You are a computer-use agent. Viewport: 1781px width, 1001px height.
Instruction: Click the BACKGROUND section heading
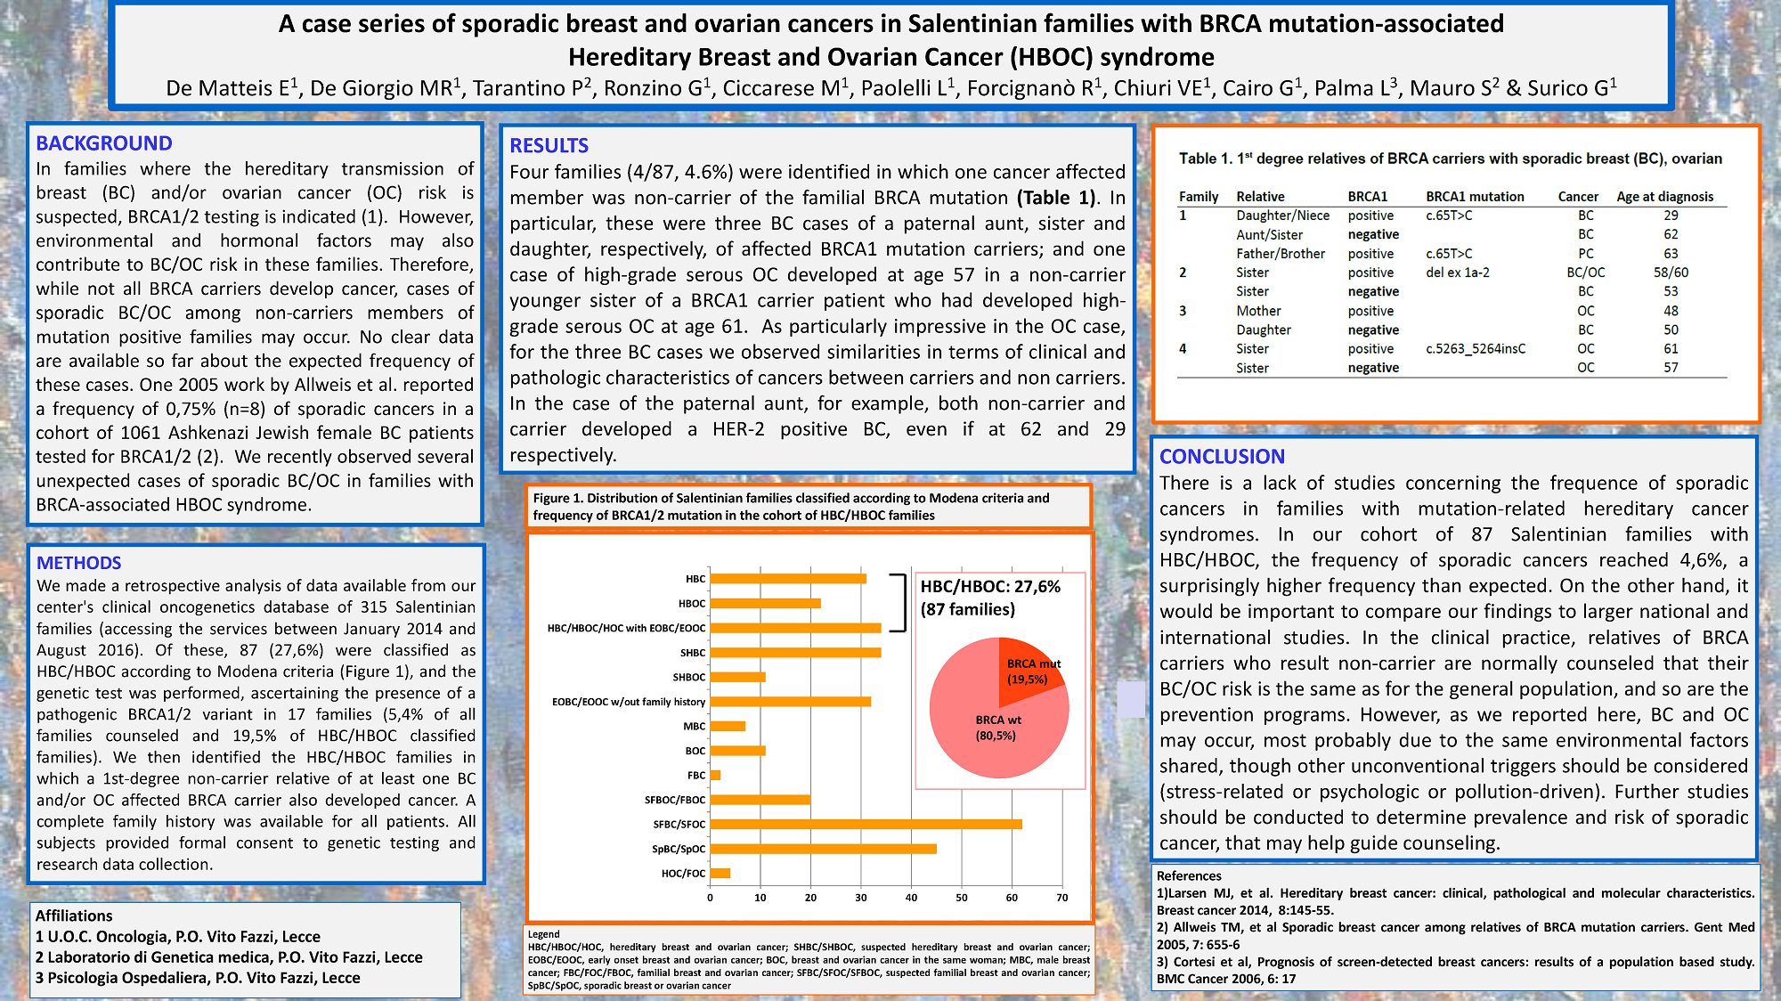tap(104, 143)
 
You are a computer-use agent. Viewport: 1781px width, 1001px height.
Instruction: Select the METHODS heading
tap(78, 563)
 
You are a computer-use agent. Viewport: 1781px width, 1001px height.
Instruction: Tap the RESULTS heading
tap(549, 146)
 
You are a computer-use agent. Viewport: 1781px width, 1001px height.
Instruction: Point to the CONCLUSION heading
tap(1222, 457)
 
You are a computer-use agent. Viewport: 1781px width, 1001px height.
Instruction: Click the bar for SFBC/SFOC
tap(866, 824)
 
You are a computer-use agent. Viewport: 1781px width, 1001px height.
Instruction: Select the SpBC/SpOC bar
tap(823, 849)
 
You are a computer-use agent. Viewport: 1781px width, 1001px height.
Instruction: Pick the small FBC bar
tap(715, 775)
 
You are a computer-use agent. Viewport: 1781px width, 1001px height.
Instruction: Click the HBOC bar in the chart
tap(765, 603)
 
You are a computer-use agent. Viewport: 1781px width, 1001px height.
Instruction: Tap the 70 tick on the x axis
tap(1061, 898)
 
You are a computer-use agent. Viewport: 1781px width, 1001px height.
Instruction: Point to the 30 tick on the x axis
tap(861, 898)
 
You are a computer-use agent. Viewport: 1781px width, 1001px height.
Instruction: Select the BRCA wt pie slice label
tap(997, 728)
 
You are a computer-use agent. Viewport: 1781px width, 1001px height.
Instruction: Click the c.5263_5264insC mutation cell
tap(1475, 349)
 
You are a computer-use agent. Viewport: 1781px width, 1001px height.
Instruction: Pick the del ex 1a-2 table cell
tap(1457, 273)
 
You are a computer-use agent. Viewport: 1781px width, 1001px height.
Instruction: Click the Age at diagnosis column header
tap(1664, 197)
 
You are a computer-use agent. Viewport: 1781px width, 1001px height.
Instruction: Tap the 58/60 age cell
tap(1671, 273)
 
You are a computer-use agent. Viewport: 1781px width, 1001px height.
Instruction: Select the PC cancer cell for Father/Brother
tap(1586, 254)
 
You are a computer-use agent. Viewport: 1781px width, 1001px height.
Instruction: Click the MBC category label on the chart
tap(695, 727)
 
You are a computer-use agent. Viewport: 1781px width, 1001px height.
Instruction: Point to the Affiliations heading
tap(74, 916)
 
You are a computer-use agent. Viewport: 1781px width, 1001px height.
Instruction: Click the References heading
tap(1189, 876)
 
